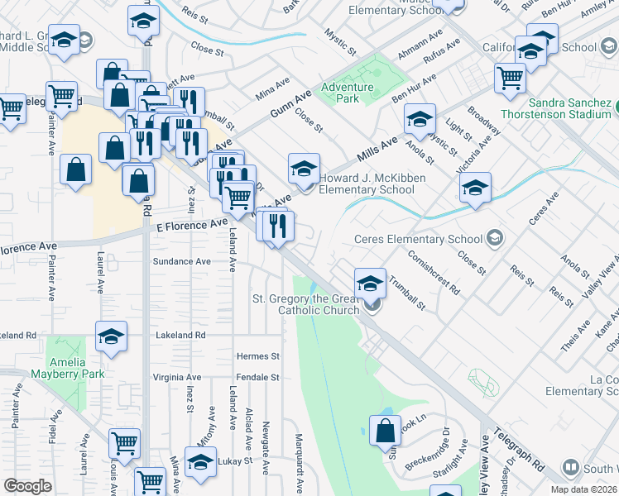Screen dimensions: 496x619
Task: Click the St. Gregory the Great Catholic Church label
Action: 306,304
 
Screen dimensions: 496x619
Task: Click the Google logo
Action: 27,486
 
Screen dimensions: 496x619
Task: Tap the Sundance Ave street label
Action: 181,261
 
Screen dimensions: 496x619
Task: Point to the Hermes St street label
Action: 258,356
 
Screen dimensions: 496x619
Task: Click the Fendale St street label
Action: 257,377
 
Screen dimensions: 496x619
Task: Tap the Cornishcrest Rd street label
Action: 434,274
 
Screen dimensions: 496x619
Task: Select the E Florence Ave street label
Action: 191,224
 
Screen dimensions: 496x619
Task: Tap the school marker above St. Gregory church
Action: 370,282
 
